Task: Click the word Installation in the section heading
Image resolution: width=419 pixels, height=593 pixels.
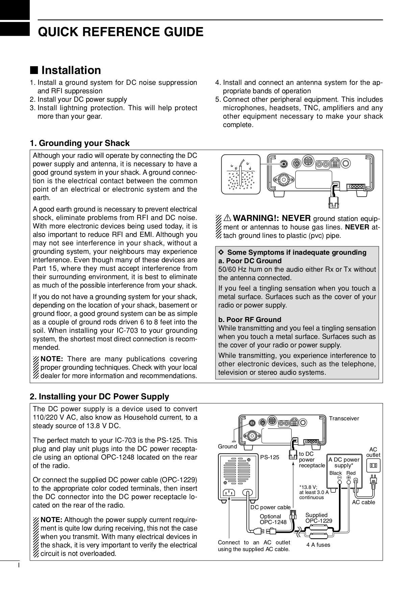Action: pyautogui.click(x=71, y=70)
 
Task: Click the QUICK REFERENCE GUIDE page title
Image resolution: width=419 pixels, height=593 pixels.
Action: pyautogui.click(x=121, y=32)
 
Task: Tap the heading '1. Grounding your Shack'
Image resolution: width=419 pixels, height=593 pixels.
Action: pyautogui.click(x=80, y=143)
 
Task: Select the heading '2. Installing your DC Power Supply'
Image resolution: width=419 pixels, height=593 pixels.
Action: pyautogui.click(x=99, y=396)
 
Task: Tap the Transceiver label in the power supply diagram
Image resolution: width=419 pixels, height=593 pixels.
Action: pyautogui.click(x=344, y=418)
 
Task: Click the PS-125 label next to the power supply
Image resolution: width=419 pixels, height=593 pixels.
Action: pyautogui.click(x=270, y=458)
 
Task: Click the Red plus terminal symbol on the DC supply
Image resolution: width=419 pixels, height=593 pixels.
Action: pyautogui.click(x=348, y=478)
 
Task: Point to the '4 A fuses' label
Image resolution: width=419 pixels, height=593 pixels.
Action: pyautogui.click(x=318, y=545)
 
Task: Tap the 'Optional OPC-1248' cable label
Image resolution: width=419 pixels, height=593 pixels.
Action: pyautogui.click(x=273, y=519)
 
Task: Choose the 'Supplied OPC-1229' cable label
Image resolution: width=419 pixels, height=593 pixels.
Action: pyautogui.click(x=318, y=518)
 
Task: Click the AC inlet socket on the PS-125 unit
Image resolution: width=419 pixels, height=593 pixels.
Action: pyautogui.click(x=229, y=492)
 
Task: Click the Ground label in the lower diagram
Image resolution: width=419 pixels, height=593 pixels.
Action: pyautogui.click(x=227, y=446)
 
